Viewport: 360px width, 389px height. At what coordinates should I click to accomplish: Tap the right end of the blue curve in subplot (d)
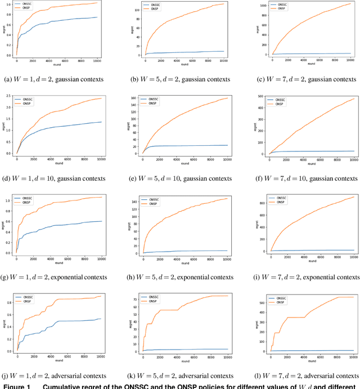click(101, 122)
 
